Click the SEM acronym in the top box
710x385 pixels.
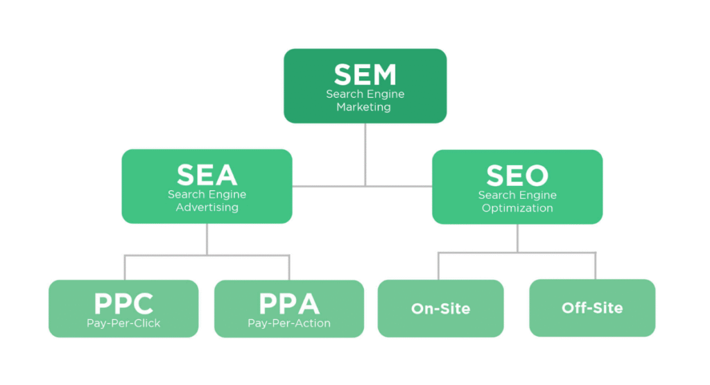click(x=365, y=75)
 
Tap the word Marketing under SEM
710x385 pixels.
click(x=364, y=108)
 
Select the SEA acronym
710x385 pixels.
click(x=207, y=176)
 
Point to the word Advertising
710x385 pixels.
click(x=207, y=207)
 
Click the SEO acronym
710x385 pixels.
click(x=517, y=176)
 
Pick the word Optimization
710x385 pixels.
click(x=517, y=208)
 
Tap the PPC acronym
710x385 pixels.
click(x=123, y=304)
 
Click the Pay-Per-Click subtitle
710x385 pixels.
click(x=123, y=323)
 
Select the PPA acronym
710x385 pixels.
click(x=289, y=304)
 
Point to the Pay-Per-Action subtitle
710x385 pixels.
click(x=289, y=323)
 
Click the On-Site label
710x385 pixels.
click(x=440, y=309)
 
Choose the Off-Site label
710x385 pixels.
click(x=592, y=307)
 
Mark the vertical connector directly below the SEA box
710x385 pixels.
click(x=207, y=239)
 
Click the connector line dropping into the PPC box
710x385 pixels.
click(x=125, y=268)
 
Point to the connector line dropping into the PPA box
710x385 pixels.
click(x=289, y=268)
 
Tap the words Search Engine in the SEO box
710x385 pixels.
click(x=517, y=196)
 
